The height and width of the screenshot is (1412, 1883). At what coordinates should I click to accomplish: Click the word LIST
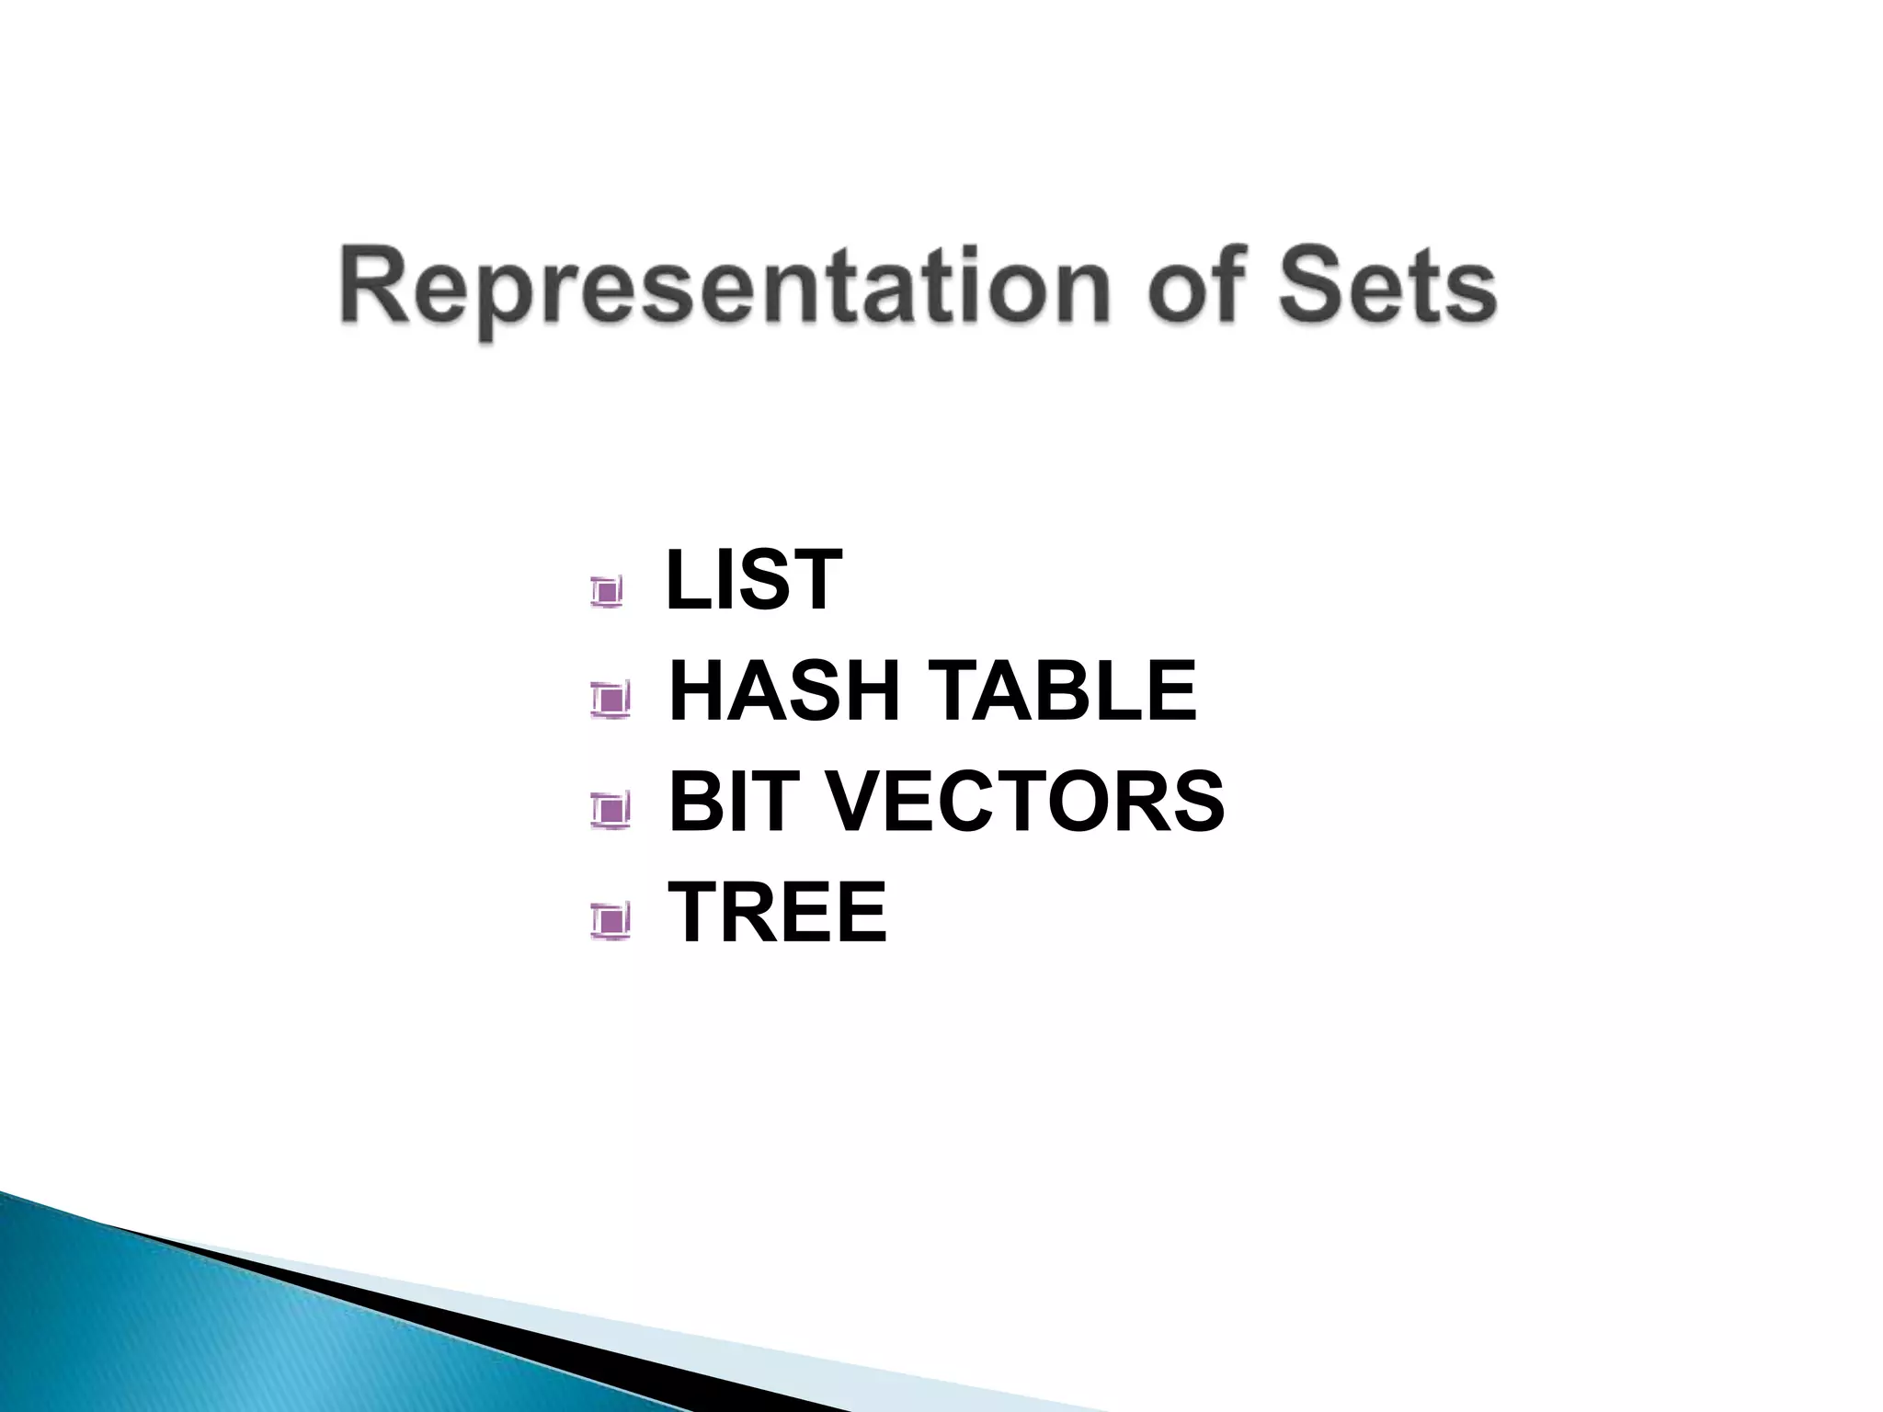click(753, 579)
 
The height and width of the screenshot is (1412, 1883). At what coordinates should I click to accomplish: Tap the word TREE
click(777, 912)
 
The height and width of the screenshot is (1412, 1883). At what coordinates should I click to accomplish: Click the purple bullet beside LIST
click(607, 591)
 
